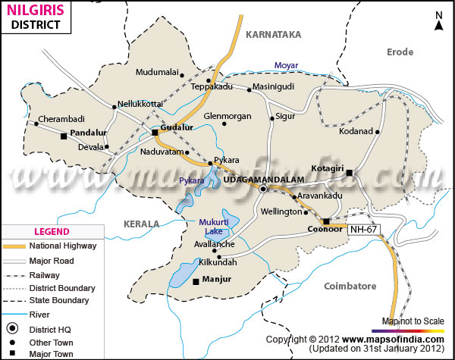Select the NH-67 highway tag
pos(362,229)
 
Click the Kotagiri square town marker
pos(350,174)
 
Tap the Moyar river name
pos(286,66)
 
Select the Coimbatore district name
pos(350,286)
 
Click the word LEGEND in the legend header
pos(52,231)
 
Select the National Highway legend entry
pos(60,246)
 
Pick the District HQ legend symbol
pos(12,328)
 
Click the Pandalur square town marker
pos(64,137)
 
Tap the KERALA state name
pos(142,224)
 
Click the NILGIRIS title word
pos(34,11)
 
